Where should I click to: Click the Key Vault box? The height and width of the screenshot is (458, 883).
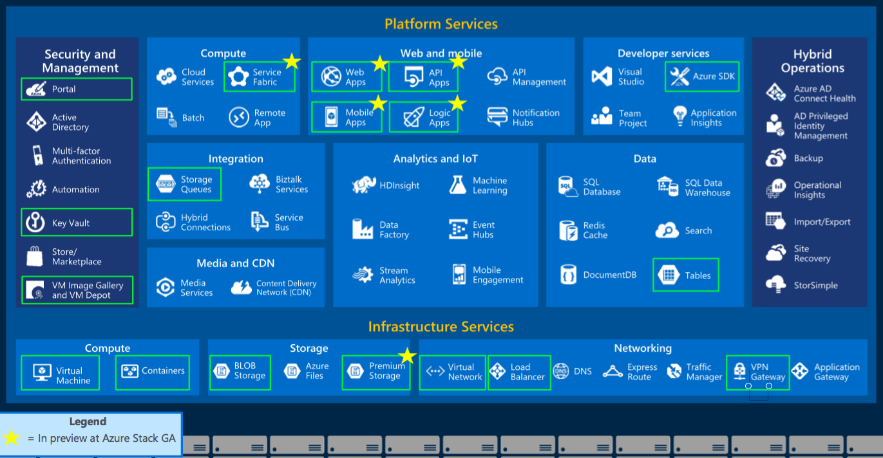click(77, 223)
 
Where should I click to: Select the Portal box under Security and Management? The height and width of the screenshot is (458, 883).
click(77, 89)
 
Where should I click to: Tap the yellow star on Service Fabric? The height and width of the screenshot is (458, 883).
click(292, 61)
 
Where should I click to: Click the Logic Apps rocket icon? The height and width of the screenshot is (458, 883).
click(413, 117)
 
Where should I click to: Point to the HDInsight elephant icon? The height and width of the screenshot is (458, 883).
click(363, 185)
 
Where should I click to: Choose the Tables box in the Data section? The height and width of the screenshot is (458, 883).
click(686, 275)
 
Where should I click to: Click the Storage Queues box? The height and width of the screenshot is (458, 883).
click(184, 185)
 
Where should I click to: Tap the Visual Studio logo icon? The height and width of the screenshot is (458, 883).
click(602, 76)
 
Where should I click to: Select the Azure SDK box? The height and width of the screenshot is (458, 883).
click(702, 77)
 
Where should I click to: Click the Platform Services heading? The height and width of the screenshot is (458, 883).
click(441, 24)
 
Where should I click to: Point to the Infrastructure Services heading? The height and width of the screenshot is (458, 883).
click(441, 327)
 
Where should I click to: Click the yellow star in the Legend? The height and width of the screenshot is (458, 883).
click(12, 437)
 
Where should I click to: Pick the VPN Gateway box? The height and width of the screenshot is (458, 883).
click(758, 372)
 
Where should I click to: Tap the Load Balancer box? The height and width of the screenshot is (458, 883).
click(519, 372)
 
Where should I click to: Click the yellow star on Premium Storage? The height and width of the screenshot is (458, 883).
click(407, 356)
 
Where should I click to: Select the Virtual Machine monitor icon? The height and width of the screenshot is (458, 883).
click(42, 372)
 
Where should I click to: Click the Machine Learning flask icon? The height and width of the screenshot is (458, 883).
click(458, 185)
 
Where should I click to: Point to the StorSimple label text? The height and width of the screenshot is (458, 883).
click(815, 285)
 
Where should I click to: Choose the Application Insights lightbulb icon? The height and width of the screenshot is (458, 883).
click(680, 116)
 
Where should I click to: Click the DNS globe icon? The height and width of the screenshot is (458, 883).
click(560, 371)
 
